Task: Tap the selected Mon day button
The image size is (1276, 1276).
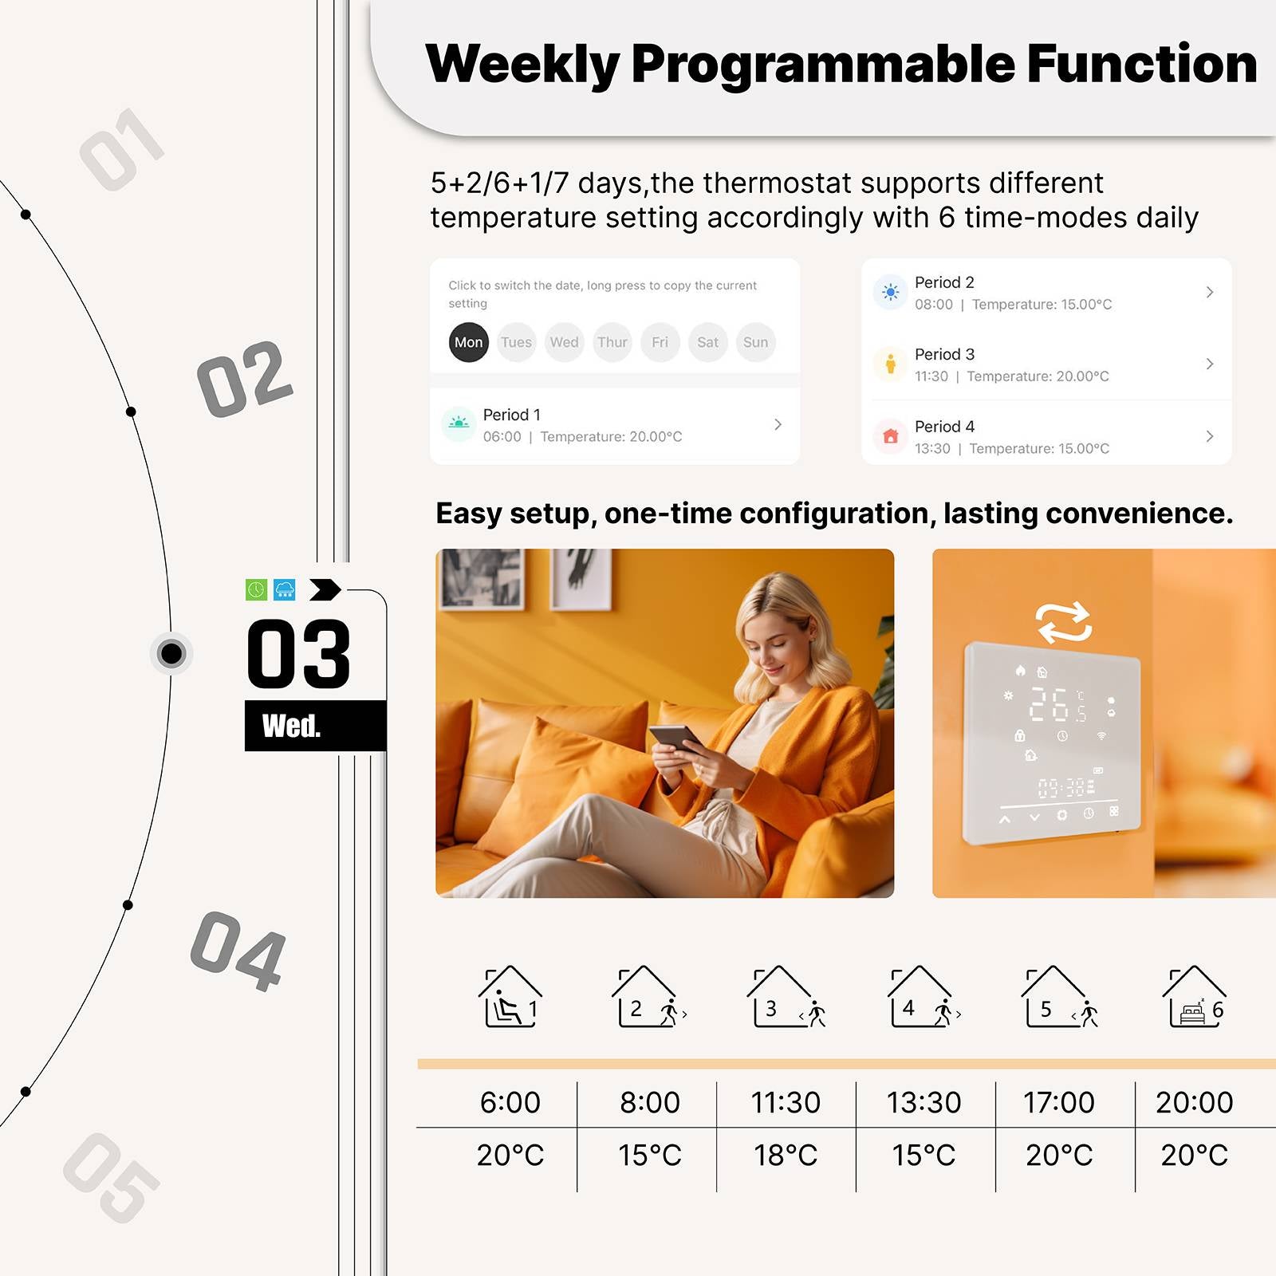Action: [x=468, y=342]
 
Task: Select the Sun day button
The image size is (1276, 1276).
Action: [x=755, y=342]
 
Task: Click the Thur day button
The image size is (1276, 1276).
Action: [x=612, y=342]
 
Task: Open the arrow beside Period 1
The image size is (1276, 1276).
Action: [x=778, y=424]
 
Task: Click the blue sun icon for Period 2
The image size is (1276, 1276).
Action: [x=891, y=293]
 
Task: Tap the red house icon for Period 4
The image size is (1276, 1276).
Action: [x=891, y=436]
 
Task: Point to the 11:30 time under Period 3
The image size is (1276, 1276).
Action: [x=931, y=376]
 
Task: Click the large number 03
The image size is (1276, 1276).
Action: [x=298, y=654]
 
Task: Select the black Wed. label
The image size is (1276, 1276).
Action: [x=292, y=726]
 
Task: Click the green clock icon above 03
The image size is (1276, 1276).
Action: [x=256, y=590]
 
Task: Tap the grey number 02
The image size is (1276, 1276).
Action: [x=244, y=380]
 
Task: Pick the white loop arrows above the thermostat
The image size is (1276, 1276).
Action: [x=1064, y=622]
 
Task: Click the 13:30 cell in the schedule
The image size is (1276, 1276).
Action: [x=924, y=1102]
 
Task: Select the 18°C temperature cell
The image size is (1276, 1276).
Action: [x=786, y=1155]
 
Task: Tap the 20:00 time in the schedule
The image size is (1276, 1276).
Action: [x=1194, y=1102]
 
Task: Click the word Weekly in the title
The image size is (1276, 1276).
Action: [x=522, y=64]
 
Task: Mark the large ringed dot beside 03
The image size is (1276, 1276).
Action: [x=171, y=654]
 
